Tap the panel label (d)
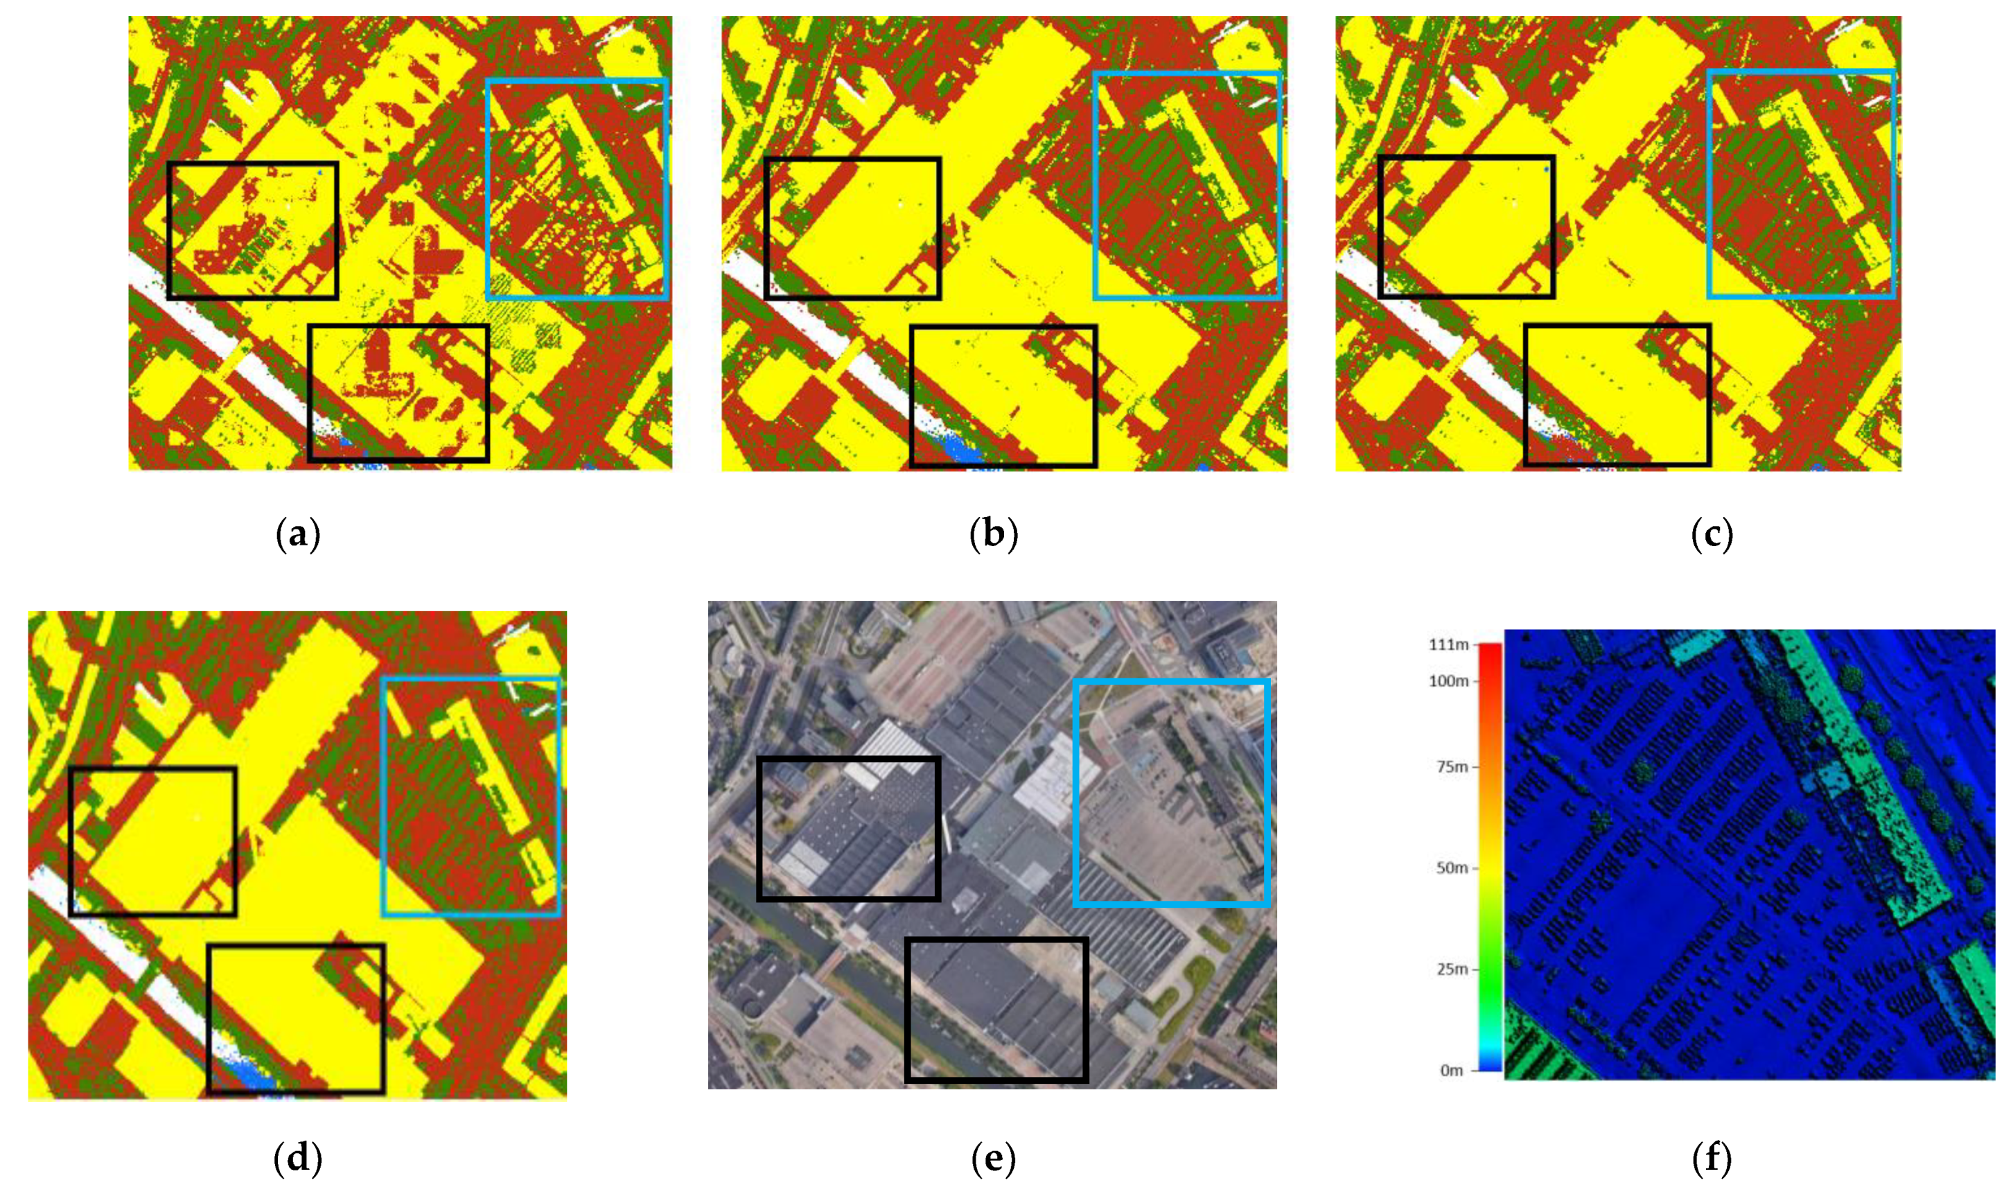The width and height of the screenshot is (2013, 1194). click(x=298, y=1159)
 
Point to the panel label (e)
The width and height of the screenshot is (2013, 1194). click(x=994, y=1159)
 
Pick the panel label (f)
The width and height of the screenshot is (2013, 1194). click(x=1712, y=1159)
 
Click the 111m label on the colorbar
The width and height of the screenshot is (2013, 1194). click(x=1448, y=644)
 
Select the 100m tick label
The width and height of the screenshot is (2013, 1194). click(x=1448, y=681)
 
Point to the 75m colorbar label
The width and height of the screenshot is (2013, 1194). click(x=1452, y=766)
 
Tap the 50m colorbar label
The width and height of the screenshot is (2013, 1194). click(x=1452, y=868)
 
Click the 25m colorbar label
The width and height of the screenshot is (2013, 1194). click(x=1452, y=969)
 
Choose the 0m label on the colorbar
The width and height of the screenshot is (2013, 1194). click(x=1452, y=1070)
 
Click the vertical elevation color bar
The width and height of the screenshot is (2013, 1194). click(x=1490, y=857)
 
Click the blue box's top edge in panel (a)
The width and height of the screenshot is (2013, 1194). click(x=577, y=80)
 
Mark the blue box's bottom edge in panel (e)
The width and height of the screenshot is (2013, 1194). click(x=1172, y=904)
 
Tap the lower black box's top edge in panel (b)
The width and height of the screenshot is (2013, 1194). click(x=1003, y=326)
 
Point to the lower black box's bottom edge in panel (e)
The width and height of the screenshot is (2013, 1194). click(x=997, y=1079)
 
